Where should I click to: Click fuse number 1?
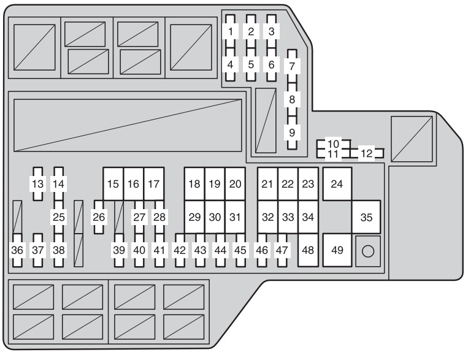[230, 31]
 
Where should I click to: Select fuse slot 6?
[271, 64]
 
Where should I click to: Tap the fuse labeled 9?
[292, 132]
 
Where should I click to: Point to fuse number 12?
[367, 153]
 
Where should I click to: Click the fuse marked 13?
[37, 184]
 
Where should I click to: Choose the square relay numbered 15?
[113, 184]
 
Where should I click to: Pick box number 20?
[235, 184]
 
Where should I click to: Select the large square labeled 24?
[337, 184]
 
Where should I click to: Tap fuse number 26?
[99, 217]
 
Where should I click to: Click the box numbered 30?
[215, 217]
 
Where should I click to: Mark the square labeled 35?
[366, 217]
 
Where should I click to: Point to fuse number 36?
[17, 250]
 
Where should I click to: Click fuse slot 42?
[180, 250]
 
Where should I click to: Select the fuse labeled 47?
[282, 250]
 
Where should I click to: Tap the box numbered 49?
[337, 250]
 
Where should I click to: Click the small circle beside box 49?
[368, 251]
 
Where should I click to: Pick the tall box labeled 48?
[308, 250]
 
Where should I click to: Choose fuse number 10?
[334, 144]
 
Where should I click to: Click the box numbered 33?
[288, 217]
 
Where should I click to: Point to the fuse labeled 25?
[58, 217]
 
